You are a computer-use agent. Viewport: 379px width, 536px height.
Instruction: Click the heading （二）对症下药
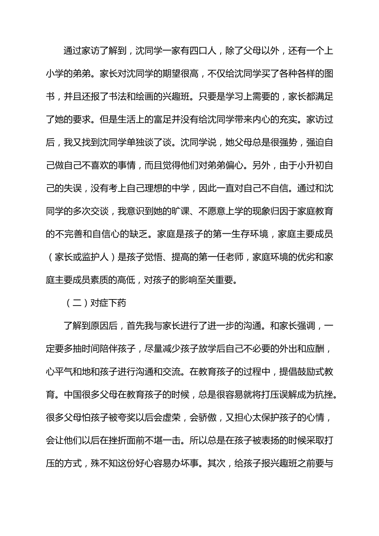95,303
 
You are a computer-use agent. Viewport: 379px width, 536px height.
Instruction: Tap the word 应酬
319,349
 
